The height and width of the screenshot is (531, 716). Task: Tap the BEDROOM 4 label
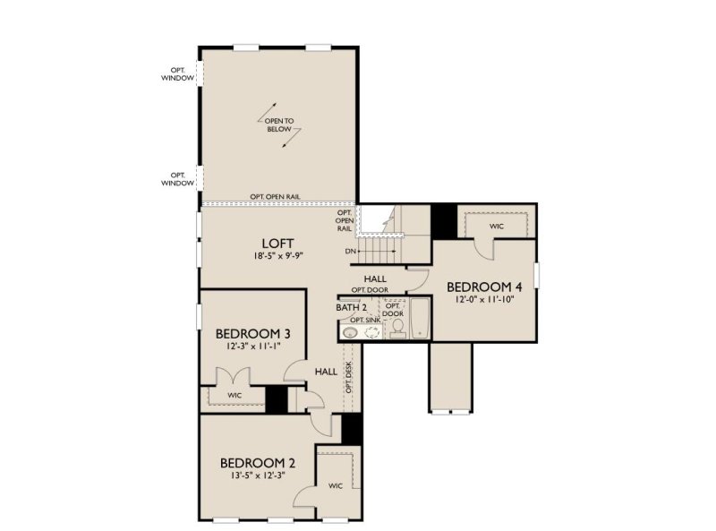click(483, 287)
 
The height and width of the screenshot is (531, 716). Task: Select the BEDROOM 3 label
click(251, 333)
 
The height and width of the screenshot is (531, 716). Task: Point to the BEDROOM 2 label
click(257, 463)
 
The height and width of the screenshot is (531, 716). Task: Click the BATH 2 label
click(352, 307)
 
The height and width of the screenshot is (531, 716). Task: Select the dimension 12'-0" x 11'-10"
click(483, 299)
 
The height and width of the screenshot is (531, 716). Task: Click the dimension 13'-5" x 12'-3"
click(257, 475)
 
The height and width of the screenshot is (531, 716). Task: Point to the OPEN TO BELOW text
click(279, 124)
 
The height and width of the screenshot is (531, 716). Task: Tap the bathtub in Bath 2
click(421, 319)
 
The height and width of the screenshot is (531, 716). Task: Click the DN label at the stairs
click(351, 252)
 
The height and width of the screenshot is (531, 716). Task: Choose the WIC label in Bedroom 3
click(234, 395)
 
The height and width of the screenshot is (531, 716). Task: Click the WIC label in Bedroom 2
click(336, 486)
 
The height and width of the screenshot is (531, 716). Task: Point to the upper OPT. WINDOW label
click(178, 73)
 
